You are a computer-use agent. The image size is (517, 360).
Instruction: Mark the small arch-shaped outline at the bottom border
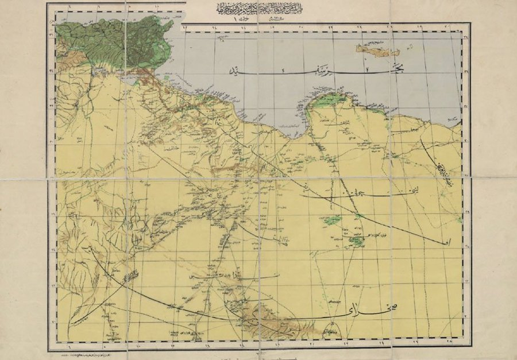click(334, 332)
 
